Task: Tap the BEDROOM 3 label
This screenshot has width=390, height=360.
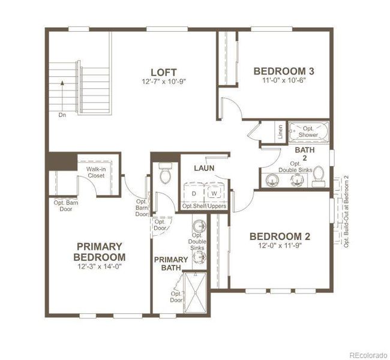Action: tap(284, 71)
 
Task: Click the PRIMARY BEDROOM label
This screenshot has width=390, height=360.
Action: tap(100, 252)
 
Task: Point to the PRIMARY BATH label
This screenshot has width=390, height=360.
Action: tap(171, 264)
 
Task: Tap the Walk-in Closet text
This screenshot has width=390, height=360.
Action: tap(96, 173)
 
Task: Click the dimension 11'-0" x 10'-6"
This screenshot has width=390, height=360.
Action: tap(284, 81)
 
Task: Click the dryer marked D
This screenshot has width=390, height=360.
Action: tap(194, 193)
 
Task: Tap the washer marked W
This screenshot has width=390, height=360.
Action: tap(213, 193)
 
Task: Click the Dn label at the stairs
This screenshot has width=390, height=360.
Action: tap(62, 113)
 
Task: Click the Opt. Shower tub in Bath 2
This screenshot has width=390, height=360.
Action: tap(308, 131)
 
